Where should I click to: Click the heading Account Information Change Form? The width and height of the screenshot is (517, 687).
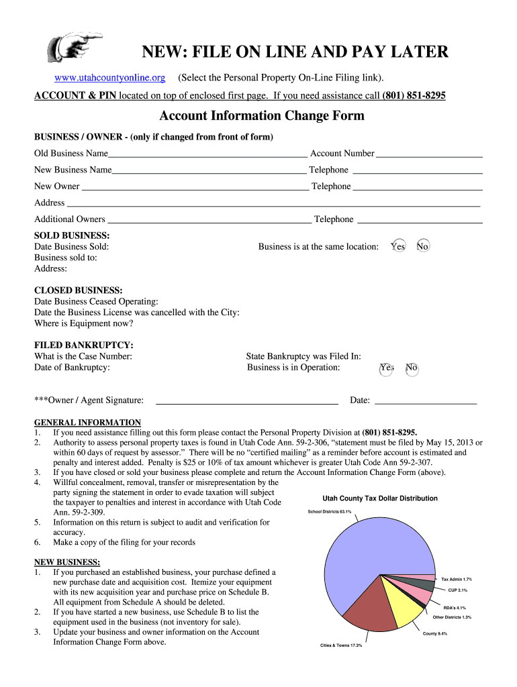click(x=261, y=115)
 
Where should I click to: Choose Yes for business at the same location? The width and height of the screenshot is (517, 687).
click(x=398, y=246)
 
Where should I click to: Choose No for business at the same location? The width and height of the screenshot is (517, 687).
click(x=422, y=246)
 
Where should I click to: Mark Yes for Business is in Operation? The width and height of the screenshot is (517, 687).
click(x=387, y=368)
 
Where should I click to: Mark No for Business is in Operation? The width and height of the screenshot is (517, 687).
click(x=412, y=368)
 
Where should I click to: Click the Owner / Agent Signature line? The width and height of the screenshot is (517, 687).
click(x=246, y=402)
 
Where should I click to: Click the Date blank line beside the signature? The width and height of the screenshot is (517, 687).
click(x=425, y=402)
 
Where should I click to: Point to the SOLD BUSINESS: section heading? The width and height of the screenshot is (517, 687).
click(x=72, y=235)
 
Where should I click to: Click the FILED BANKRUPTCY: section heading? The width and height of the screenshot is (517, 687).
click(x=83, y=345)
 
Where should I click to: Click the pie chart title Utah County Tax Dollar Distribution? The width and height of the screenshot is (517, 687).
click(x=380, y=498)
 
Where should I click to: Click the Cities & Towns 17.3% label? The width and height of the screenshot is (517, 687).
click(x=340, y=645)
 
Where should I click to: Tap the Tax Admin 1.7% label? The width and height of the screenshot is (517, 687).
click(x=456, y=578)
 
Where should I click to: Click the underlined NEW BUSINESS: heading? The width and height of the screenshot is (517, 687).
click(x=67, y=562)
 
